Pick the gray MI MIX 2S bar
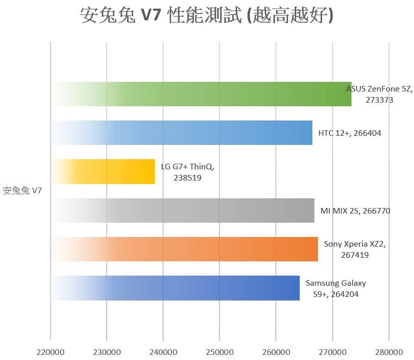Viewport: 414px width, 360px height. [x=182, y=211]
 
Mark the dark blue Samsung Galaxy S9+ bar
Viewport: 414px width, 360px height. [x=175, y=288]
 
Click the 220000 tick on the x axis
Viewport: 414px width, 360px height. [x=50, y=351]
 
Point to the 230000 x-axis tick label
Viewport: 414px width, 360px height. [x=107, y=351]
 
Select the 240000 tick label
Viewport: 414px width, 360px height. [x=163, y=351]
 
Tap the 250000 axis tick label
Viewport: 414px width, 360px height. [x=219, y=351]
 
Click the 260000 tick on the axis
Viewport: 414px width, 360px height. [x=276, y=351]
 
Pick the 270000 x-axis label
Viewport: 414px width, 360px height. [x=332, y=351]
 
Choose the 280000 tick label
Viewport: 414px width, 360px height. [x=389, y=351]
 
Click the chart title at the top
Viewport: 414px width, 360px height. [x=207, y=15]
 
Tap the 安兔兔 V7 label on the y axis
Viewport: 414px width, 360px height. [x=22, y=191]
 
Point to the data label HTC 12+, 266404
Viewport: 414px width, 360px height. [x=349, y=133]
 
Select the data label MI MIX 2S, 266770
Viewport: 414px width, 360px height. [x=355, y=211]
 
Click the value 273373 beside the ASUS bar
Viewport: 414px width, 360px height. [x=379, y=100]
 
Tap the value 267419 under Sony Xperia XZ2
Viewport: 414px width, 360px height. [x=355, y=255]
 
